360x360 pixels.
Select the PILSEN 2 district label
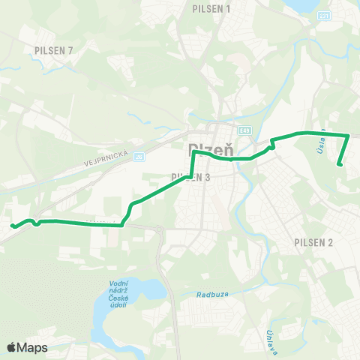tap(314, 242)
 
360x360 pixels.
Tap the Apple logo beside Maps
tap(12, 347)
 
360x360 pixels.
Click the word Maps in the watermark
tap(32, 347)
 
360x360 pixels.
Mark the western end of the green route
tap(12, 225)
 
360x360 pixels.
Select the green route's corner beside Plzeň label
tap(193, 152)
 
